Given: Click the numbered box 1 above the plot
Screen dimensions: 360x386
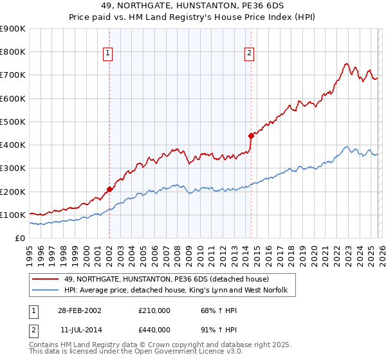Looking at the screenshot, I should coord(108,53).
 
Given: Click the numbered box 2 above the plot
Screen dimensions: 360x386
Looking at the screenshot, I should coord(249,53).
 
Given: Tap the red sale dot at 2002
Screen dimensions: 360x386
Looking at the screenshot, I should coord(109,189).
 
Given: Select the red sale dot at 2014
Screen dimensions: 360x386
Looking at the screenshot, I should coord(251,135).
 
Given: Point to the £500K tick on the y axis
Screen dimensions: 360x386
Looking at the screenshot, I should coord(13,122).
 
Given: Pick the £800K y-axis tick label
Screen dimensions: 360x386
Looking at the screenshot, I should coord(13,52).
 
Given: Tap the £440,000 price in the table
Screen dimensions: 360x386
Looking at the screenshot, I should coord(154,329).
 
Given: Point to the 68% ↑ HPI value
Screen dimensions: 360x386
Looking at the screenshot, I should coord(212,310).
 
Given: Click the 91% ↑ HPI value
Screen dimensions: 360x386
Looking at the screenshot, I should coord(212,329).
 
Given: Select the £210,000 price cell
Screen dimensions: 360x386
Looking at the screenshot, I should coord(154,310).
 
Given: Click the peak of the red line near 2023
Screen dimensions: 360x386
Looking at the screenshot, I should coord(346,64).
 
